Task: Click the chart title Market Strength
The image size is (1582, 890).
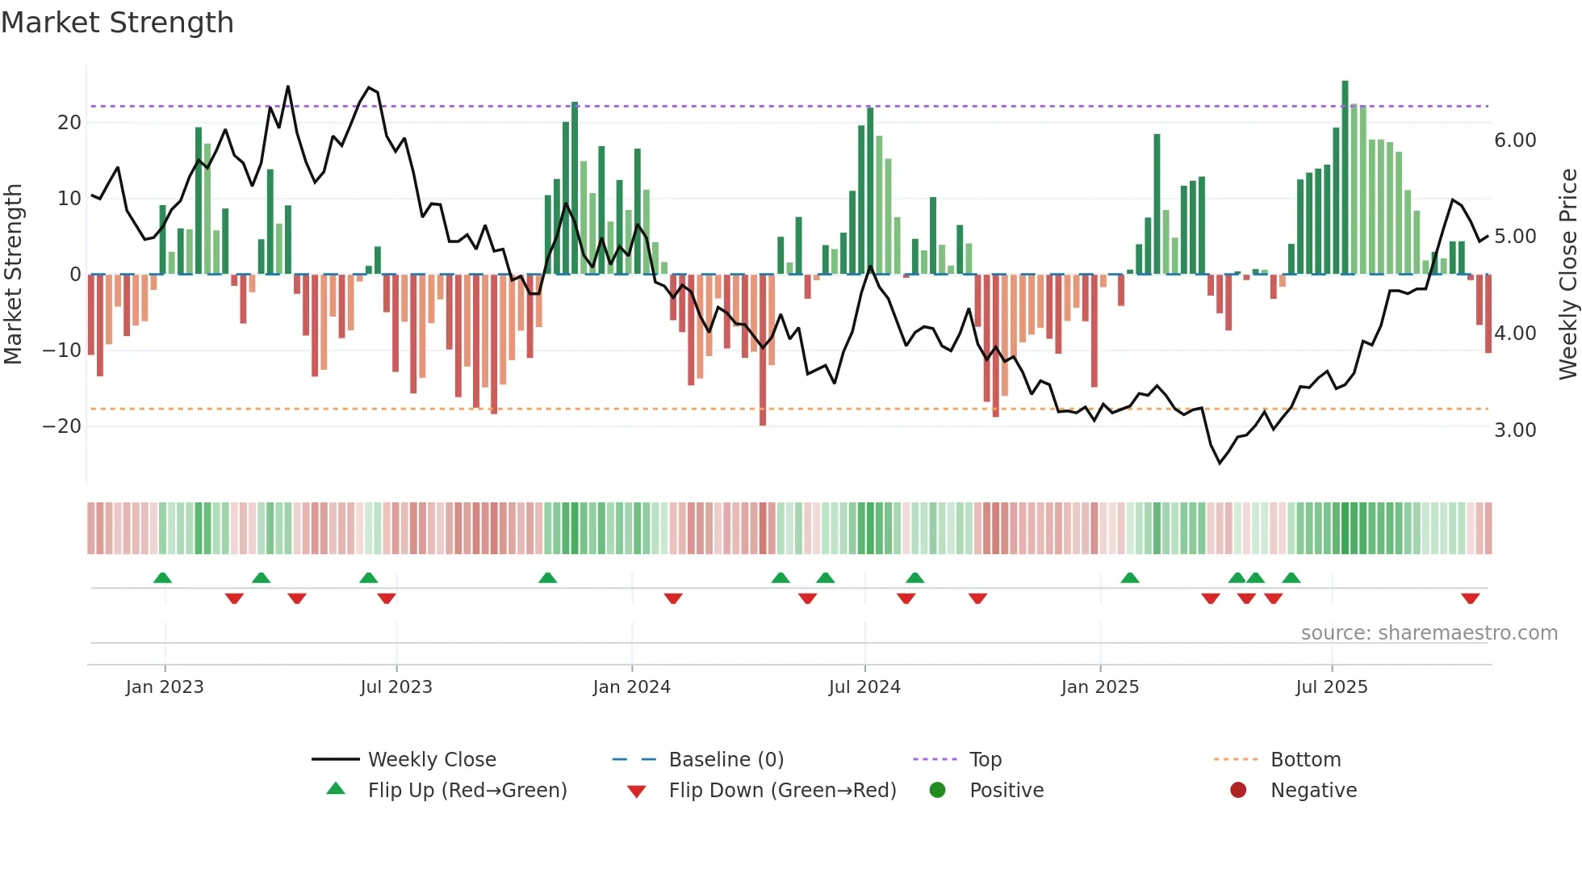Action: click(x=117, y=23)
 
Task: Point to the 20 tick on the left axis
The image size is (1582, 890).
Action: click(x=69, y=123)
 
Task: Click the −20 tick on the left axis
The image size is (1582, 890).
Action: click(x=62, y=426)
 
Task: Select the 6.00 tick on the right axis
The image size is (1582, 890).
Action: click(x=1515, y=141)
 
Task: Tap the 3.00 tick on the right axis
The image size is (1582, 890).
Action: click(x=1515, y=430)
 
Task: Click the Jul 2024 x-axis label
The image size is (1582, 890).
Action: click(x=864, y=687)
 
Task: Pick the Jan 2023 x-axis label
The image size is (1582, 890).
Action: click(x=165, y=687)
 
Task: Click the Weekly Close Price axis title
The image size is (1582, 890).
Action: click(x=1567, y=275)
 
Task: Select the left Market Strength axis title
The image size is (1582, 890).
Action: click(x=14, y=275)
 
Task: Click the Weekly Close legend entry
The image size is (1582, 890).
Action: click(x=431, y=760)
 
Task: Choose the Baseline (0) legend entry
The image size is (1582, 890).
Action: click(x=726, y=760)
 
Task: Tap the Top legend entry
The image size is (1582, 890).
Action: click(x=985, y=760)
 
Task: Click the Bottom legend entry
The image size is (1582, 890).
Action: click(x=1305, y=760)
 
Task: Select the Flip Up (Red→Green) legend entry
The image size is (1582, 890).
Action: click(x=467, y=791)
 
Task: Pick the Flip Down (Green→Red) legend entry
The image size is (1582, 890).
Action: click(x=781, y=791)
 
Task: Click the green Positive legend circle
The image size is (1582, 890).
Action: click(x=937, y=791)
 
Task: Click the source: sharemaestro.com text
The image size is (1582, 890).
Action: click(x=1429, y=633)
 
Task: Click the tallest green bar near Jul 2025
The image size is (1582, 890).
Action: click(x=1345, y=178)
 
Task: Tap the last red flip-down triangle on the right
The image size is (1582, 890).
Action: click(x=1470, y=598)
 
